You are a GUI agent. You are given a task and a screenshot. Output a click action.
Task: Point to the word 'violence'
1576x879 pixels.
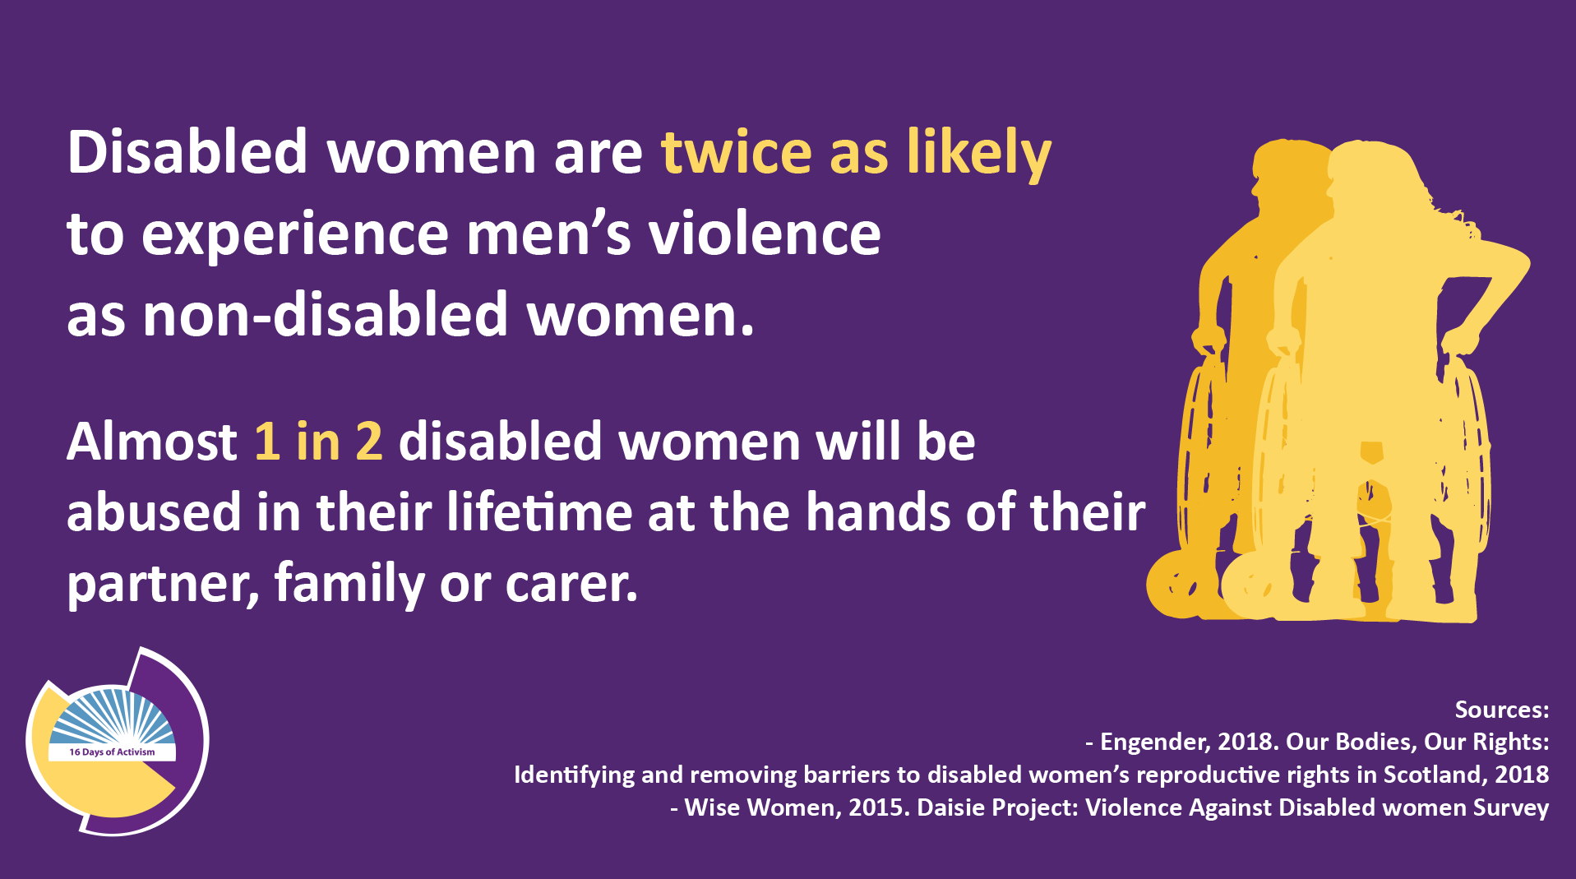click(765, 233)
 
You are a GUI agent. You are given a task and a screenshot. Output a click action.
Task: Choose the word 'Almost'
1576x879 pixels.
click(152, 442)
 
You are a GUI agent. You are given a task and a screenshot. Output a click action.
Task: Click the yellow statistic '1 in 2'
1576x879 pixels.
click(318, 442)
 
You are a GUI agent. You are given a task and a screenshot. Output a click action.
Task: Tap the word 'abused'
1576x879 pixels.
click(155, 511)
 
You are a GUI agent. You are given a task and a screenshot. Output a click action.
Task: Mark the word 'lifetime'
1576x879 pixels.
click(540, 511)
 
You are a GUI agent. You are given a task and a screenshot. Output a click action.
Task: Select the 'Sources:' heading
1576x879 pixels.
click(1502, 710)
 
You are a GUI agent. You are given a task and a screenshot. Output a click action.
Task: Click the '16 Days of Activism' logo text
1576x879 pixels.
click(112, 752)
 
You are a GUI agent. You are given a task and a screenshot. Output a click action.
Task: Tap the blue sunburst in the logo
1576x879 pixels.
click(112, 716)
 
